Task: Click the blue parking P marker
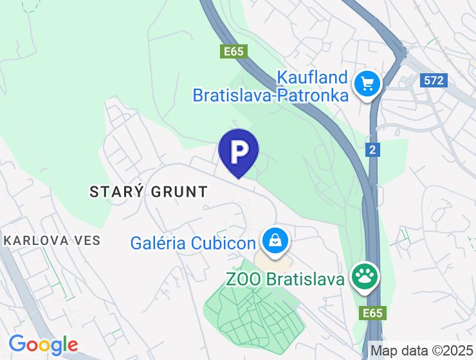click(239, 151)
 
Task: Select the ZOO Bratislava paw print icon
click(365, 278)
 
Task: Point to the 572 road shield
click(434, 80)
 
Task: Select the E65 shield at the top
click(234, 51)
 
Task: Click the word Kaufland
click(312, 78)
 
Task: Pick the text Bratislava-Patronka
click(271, 96)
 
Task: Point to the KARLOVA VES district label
click(52, 240)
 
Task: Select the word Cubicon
click(224, 243)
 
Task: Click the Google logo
click(43, 345)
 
